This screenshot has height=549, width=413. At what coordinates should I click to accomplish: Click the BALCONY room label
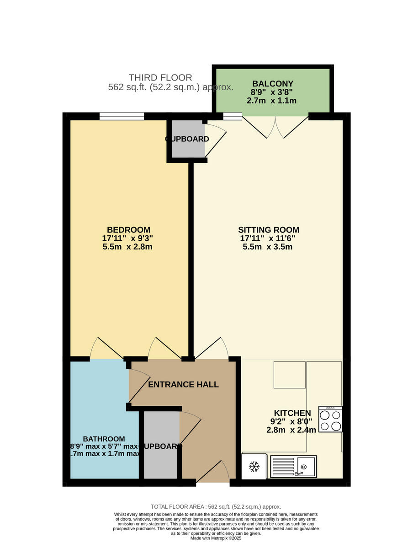pyautogui.click(x=272, y=84)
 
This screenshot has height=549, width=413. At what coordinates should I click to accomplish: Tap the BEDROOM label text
pyautogui.click(x=128, y=230)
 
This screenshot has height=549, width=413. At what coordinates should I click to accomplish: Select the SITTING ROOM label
pyautogui.click(x=268, y=230)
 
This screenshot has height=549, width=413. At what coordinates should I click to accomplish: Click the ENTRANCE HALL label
pyautogui.click(x=183, y=384)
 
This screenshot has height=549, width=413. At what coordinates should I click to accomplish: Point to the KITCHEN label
pyautogui.click(x=292, y=413)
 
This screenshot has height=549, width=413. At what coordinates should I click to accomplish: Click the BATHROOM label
pyautogui.click(x=104, y=439)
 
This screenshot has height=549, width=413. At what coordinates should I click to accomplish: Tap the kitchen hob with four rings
pyautogui.click(x=330, y=419)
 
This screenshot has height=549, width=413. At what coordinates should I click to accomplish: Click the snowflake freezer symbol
pyautogui.click(x=254, y=467)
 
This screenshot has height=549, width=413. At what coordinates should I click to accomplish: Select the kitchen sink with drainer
pyautogui.click(x=293, y=467)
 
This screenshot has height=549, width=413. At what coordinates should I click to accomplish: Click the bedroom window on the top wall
pyautogui.click(x=122, y=116)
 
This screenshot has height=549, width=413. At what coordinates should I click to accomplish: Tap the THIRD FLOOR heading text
pyautogui.click(x=160, y=78)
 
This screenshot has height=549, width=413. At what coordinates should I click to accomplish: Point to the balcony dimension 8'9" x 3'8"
pyautogui.click(x=272, y=92)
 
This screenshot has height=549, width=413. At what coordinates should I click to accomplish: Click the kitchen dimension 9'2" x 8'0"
pyautogui.click(x=291, y=422)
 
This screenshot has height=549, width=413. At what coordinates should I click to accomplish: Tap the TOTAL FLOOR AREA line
pyautogui.click(x=216, y=506)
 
